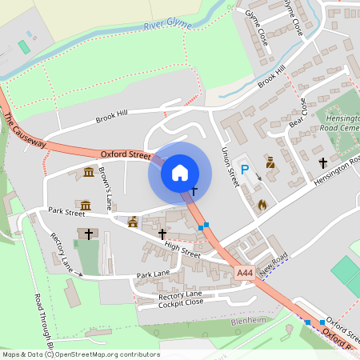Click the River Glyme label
click(x=168, y=26)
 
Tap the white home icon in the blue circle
click(x=180, y=173)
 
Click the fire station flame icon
click(x=261, y=205)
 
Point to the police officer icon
click(x=270, y=162)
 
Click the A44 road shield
click(x=246, y=274)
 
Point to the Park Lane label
click(x=153, y=274)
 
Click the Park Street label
click(x=66, y=211)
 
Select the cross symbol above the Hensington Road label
click(x=323, y=162)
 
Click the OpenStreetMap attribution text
click(x=80, y=354)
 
